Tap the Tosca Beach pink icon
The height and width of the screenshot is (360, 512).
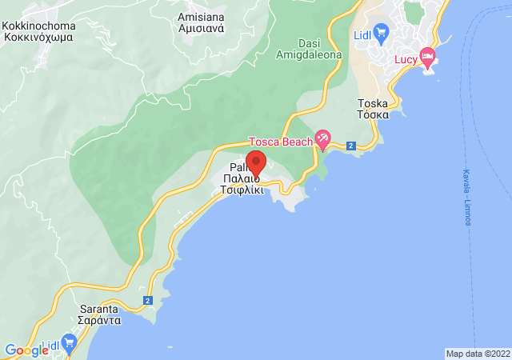322,138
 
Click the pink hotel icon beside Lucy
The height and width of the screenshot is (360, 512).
427,56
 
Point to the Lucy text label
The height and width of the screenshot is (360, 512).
406,60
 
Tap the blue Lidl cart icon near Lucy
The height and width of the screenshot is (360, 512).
381,33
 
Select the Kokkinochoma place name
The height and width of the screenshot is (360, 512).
38,26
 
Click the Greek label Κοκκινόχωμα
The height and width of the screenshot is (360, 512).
38,37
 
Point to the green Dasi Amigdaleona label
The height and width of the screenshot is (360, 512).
309,49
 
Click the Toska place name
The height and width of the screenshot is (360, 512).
373,103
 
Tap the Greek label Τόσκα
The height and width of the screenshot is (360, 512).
373,114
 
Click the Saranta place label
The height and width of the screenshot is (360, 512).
101,309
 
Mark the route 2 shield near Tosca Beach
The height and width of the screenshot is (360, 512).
351,145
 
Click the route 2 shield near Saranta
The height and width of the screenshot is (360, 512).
148,300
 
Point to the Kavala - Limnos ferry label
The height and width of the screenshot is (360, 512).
466,197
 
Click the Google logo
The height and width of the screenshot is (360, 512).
26,350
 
